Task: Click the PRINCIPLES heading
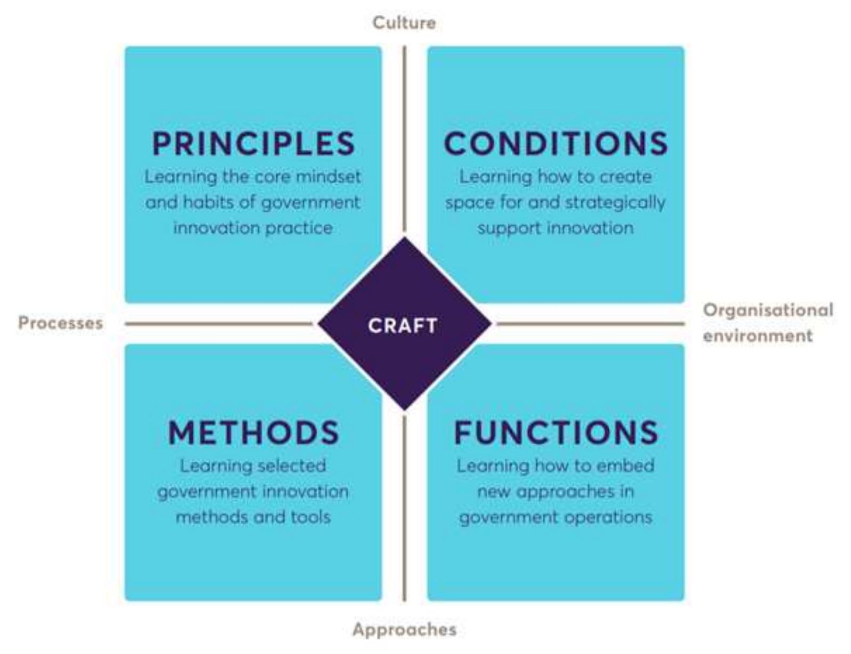point(253,143)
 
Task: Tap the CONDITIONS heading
point(556,143)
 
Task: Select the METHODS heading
point(253,432)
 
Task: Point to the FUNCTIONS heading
point(556,432)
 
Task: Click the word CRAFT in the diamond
point(403,325)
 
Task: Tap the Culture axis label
point(404,23)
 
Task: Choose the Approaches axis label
point(404,630)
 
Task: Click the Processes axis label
point(61,323)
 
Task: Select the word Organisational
point(768,310)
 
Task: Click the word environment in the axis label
point(758,336)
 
